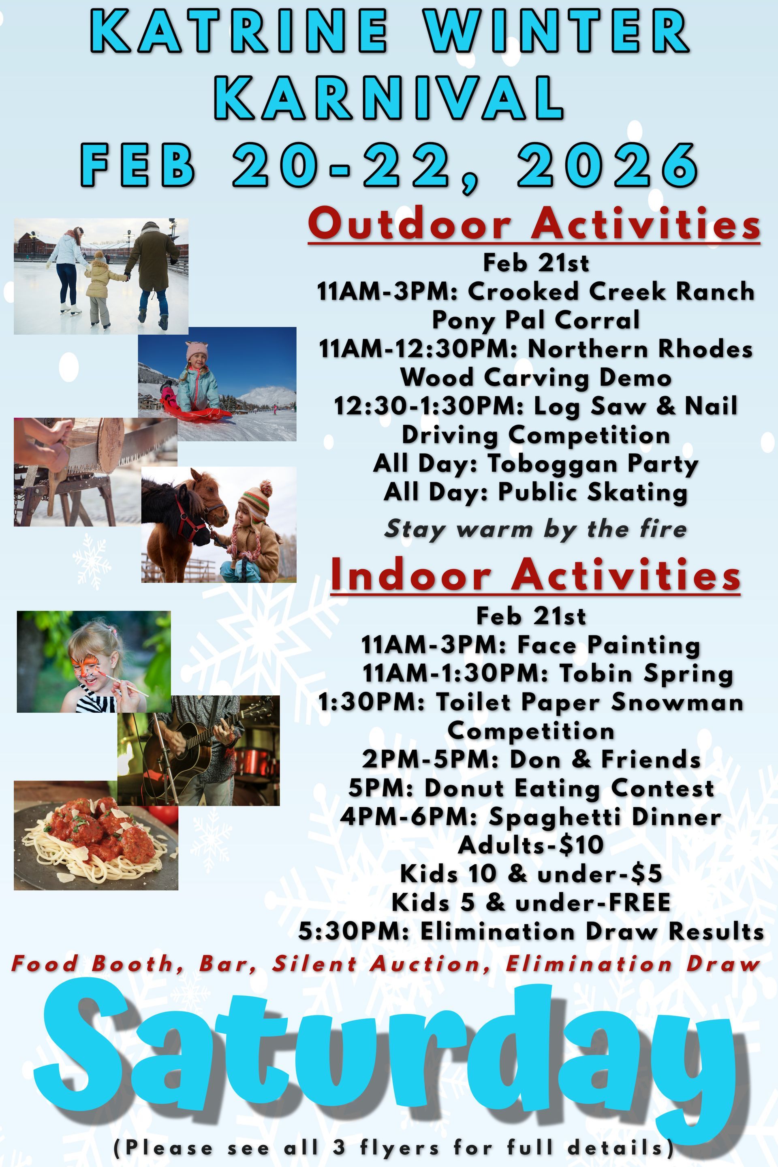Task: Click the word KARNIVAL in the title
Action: pos(390,98)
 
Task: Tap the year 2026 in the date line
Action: pos(608,165)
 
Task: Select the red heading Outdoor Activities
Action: pos(534,224)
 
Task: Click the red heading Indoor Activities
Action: pos(535,575)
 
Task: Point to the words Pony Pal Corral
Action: pos(536,320)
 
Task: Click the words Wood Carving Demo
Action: pos(536,378)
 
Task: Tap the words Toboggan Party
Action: pos(592,464)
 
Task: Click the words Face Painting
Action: pos(608,645)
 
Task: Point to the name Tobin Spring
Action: pos(646,674)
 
